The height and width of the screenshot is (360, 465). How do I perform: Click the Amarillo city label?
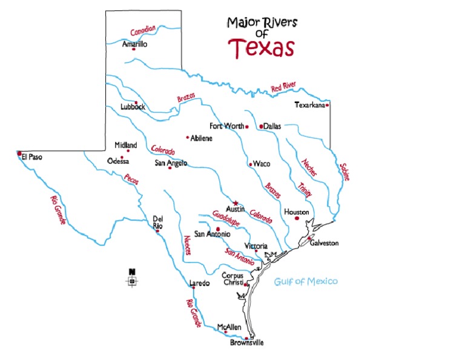134,44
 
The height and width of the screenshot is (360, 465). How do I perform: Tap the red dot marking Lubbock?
136,102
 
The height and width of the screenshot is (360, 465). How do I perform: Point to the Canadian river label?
143,30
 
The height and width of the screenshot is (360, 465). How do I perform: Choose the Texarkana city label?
309,105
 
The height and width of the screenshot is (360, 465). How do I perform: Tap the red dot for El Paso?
20,153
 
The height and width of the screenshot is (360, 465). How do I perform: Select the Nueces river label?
188,245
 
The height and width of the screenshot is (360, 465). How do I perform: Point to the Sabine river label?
345,172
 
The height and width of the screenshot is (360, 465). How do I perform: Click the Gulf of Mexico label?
305,281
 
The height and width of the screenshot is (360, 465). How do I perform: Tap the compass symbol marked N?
131,280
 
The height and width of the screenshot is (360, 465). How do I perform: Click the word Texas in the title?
262,47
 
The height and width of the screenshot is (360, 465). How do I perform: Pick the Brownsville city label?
247,342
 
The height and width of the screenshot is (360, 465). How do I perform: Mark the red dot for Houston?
297,218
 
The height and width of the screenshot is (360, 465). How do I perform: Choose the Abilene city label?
202,138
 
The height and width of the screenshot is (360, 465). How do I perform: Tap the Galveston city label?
324,243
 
